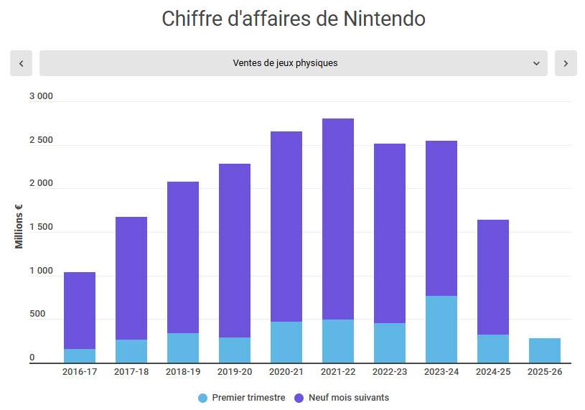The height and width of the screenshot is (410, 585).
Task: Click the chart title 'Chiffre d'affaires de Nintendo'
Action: pos(293,19)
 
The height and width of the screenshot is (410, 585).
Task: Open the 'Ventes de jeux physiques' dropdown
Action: pos(293,63)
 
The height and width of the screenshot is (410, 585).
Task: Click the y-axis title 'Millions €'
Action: pos(19,227)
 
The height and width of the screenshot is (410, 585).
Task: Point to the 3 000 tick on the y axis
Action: pos(41,97)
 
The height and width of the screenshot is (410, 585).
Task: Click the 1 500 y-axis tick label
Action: pos(41,227)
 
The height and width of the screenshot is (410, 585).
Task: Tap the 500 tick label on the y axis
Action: pos(37,314)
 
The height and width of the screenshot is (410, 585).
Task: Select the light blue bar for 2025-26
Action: pos(545,350)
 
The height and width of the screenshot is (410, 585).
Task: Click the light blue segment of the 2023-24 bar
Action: pos(441,329)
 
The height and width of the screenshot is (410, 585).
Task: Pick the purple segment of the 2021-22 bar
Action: pos(338,219)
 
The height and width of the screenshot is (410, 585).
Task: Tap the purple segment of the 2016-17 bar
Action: pos(80,310)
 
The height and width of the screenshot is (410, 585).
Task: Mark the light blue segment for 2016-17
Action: pos(80,355)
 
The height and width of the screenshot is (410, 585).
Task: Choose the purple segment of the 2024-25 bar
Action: pos(493,277)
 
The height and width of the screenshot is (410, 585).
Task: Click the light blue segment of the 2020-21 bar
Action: pos(286,342)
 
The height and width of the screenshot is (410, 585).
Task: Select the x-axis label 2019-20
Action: pos(235,372)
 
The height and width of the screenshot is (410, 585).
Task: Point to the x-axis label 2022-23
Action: pos(390,372)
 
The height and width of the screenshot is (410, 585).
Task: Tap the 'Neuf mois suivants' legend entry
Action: pos(342,398)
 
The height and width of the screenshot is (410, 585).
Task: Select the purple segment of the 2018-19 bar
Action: pos(183,257)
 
